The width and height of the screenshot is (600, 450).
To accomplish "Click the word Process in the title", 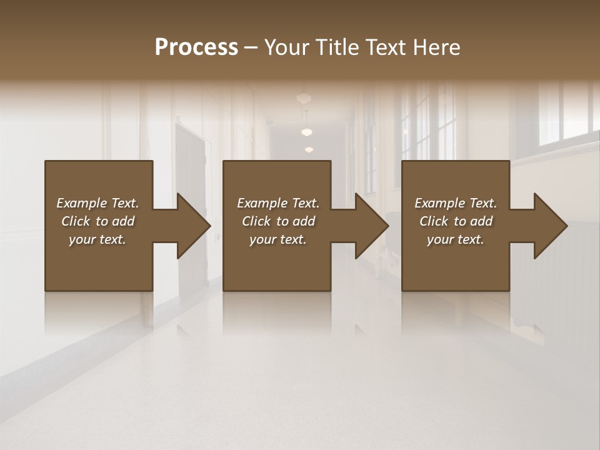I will pyautogui.click(x=196, y=47).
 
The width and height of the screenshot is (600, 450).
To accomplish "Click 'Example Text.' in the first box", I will pyautogui.click(x=97, y=203).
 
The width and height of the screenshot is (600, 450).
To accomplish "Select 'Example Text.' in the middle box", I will pyautogui.click(x=278, y=203).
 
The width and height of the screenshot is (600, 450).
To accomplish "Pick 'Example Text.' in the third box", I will pyautogui.click(x=456, y=203).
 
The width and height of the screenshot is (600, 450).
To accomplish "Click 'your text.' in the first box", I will pyautogui.click(x=97, y=239).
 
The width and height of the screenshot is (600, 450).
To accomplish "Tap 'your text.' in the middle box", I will pyautogui.click(x=278, y=239).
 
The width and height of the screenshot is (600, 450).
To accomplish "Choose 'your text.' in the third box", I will pyautogui.click(x=456, y=239).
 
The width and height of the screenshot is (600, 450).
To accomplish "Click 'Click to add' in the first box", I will pyautogui.click(x=97, y=221).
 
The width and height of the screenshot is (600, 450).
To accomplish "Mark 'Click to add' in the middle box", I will pyautogui.click(x=278, y=221).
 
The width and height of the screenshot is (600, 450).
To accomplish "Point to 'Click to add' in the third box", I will pyautogui.click(x=456, y=221).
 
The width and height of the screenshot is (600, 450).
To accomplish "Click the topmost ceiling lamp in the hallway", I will pyautogui.click(x=304, y=98).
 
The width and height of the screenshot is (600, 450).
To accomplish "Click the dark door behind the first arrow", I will pyautogui.click(x=189, y=169).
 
